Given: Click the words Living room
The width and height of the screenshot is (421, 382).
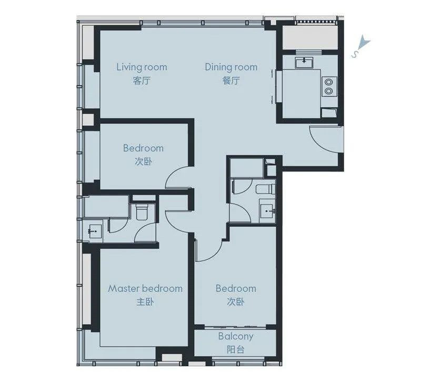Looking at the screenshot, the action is point(142,67).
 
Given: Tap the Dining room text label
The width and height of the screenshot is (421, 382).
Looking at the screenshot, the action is point(231,67).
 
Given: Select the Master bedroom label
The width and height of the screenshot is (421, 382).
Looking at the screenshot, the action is point(145,288).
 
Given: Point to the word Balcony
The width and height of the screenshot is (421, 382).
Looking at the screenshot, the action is point(235,336).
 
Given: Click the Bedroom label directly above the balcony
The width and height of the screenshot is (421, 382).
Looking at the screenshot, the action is point(236,288).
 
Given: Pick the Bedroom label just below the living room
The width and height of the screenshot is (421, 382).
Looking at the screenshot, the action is point(143,148).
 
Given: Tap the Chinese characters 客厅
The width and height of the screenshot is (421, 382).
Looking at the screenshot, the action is point(142,81).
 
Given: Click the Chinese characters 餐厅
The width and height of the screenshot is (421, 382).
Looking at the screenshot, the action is point(231,81).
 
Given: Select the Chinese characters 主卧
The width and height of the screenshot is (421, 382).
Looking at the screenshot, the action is point(145,302).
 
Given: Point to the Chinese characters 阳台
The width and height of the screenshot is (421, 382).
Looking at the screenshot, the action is point(235,349).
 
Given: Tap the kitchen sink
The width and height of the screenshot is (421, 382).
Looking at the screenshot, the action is point(304,62).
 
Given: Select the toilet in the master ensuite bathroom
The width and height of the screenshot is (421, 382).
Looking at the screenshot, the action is point(142,212).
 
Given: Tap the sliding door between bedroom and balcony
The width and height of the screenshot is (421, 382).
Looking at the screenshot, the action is point(235,327).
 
